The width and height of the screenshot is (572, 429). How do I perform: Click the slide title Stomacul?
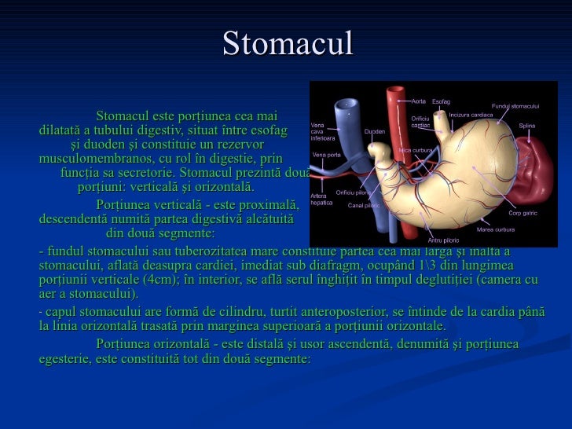click(288, 44)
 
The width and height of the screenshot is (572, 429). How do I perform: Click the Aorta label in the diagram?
click(418, 101)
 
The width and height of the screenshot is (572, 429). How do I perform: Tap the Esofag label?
click(442, 101)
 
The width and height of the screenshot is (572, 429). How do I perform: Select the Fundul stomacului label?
click(515, 106)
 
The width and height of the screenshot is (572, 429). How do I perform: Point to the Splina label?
click(526, 126)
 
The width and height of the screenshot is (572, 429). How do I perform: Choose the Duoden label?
click(375, 131)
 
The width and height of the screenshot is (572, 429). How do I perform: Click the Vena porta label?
click(325, 155)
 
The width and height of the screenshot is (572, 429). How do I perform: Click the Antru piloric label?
click(442, 240)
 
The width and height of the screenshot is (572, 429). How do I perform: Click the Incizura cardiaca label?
click(471, 115)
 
